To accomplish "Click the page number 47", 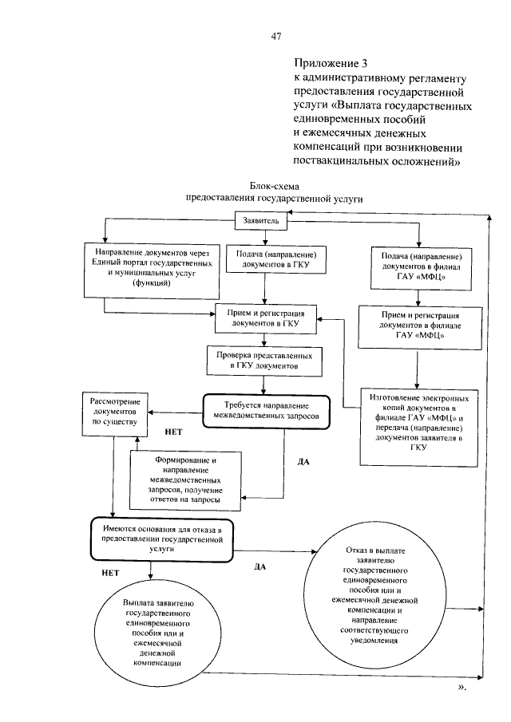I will click(x=275, y=36).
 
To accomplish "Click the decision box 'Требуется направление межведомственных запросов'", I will click(x=266, y=411).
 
